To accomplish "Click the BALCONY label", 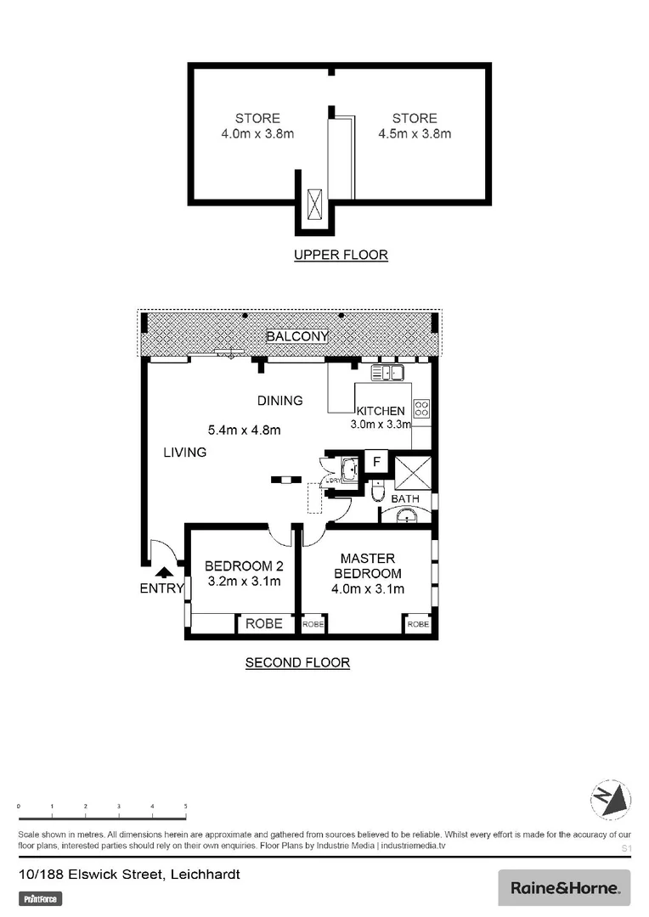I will [x=296, y=336].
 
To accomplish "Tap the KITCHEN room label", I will [x=380, y=411].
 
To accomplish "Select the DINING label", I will [x=280, y=401].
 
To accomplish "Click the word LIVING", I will [x=184, y=453].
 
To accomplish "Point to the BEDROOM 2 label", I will [x=244, y=566].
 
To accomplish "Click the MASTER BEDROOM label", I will [x=367, y=565].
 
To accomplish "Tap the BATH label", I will [x=404, y=498].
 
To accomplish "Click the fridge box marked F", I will [x=375, y=462].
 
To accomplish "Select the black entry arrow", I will [x=162, y=575].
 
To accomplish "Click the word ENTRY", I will [x=161, y=589].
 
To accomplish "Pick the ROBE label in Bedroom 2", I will [x=263, y=623].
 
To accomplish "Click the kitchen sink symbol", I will [x=387, y=372].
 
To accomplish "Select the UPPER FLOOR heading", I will [x=341, y=255].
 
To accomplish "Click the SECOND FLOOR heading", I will [x=297, y=662].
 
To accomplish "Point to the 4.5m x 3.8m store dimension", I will [x=415, y=133].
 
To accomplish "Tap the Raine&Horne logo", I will [x=564, y=888].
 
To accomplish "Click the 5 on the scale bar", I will [x=185, y=806].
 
